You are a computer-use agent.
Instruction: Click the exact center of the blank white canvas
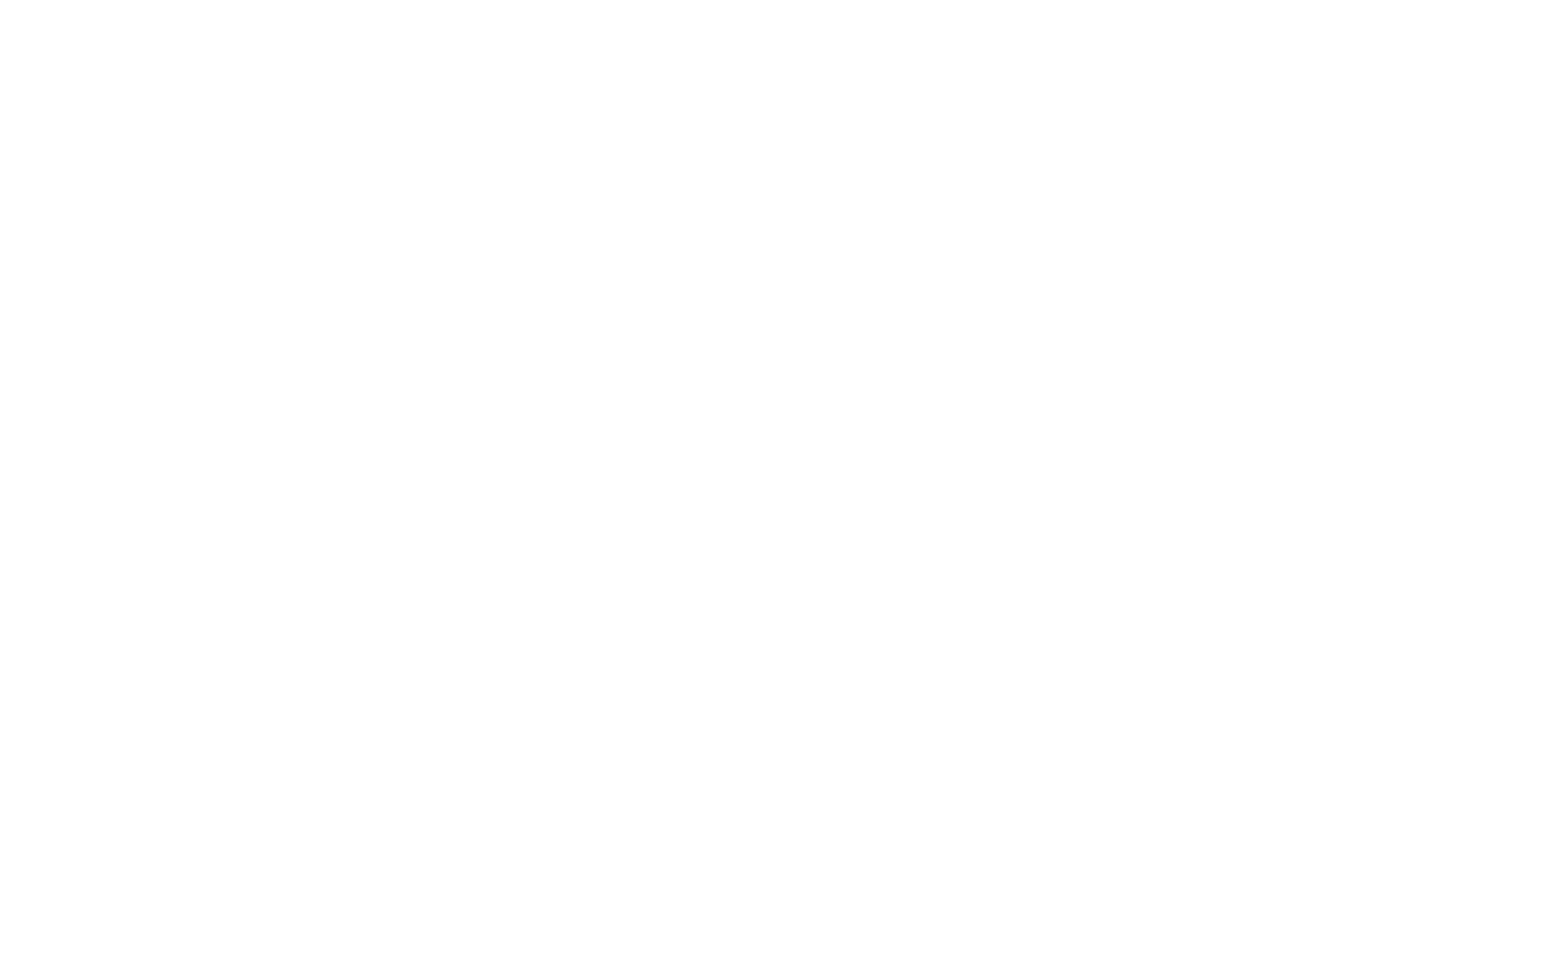774,490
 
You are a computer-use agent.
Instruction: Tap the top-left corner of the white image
0,0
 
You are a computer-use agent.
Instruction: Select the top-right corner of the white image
1547,0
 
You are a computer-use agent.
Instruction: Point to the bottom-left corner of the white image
0,979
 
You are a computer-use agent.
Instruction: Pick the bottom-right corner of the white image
1547,979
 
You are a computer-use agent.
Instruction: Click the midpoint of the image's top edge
774,0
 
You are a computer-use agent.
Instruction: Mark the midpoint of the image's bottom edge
774,979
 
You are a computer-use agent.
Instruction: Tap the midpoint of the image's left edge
0,490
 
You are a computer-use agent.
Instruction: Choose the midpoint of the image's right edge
1547,490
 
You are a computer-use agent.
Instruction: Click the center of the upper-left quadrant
387,245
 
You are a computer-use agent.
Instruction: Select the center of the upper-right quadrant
1161,245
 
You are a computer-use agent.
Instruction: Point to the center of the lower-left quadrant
387,735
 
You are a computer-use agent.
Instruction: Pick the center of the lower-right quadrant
1161,735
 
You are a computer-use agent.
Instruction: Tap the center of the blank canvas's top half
774,245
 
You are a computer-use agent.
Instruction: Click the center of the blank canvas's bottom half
774,735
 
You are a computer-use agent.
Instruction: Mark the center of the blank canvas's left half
387,490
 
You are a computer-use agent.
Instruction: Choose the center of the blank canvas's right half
1161,490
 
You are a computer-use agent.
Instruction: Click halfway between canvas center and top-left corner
387,245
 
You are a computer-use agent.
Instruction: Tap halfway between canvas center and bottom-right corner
1161,735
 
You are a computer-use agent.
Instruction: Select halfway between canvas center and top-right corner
1161,245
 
